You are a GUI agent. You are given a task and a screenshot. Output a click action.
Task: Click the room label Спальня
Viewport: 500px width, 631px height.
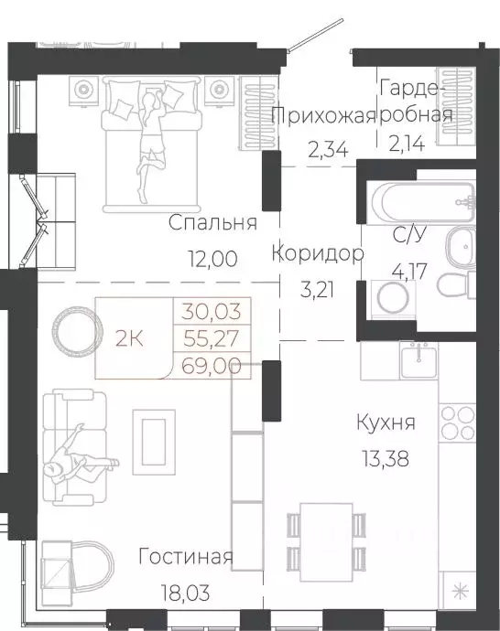pyautogui.click(x=212, y=223)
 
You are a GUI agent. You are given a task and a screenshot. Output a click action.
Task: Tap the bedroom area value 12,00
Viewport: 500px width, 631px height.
pyautogui.click(x=212, y=258)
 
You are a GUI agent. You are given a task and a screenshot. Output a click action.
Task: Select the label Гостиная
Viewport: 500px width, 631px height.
pyautogui.click(x=186, y=557)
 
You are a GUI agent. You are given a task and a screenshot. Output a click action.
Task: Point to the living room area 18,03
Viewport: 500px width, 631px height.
pyautogui.click(x=186, y=592)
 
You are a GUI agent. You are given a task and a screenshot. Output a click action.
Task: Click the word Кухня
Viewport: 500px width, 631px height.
pyautogui.click(x=386, y=422)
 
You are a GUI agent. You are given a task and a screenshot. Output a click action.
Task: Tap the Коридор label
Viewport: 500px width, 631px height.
pyautogui.click(x=319, y=253)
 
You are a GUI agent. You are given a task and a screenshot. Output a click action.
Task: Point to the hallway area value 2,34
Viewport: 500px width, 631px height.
pyautogui.click(x=327, y=149)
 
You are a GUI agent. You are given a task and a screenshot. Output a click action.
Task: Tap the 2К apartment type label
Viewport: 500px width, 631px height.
pyautogui.click(x=129, y=337)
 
